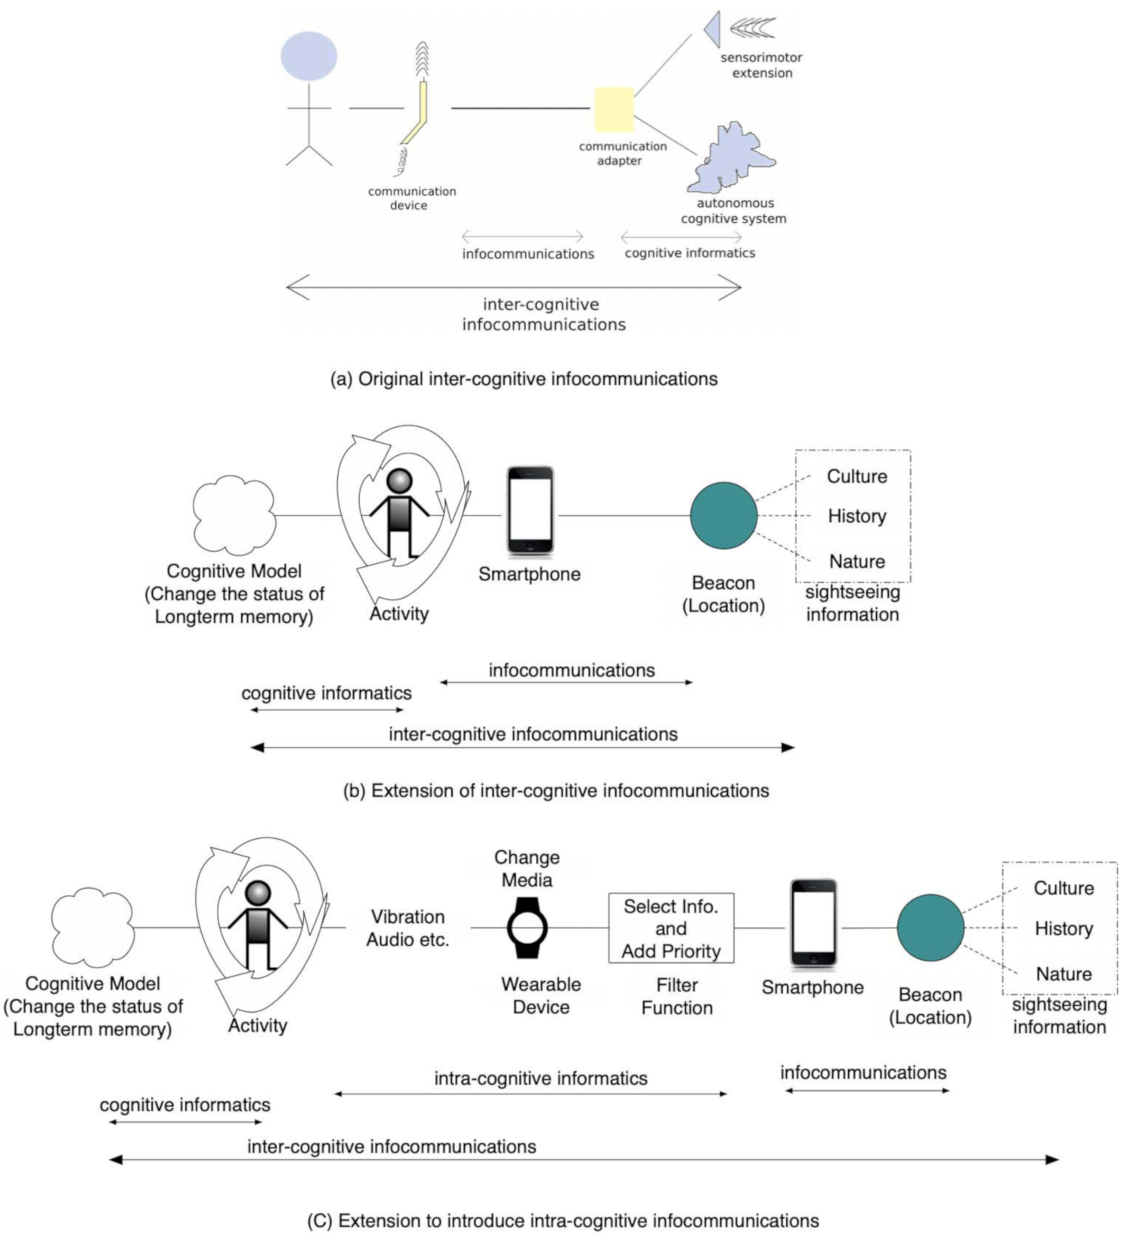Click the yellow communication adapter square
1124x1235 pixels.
coord(613,110)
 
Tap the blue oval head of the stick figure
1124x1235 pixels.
coord(308,56)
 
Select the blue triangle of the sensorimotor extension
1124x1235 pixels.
coord(712,29)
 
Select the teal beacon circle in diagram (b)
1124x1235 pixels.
coord(723,515)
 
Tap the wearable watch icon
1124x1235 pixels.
coord(527,927)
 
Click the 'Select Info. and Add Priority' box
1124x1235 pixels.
coord(670,928)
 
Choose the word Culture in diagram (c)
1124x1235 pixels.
coord(1063,888)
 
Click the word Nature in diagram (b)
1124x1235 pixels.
coord(856,562)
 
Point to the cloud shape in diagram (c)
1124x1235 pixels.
coord(92,927)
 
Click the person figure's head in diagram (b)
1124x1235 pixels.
coord(399,481)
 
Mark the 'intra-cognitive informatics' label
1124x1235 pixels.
coord(540,1079)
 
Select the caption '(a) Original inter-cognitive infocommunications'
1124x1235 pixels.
coord(524,379)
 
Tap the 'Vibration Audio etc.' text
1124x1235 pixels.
coord(407,928)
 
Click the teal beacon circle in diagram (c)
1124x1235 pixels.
coord(930,927)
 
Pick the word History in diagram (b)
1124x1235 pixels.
coord(856,516)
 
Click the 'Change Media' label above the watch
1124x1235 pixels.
coord(527,868)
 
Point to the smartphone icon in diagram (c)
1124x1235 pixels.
coord(813,923)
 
